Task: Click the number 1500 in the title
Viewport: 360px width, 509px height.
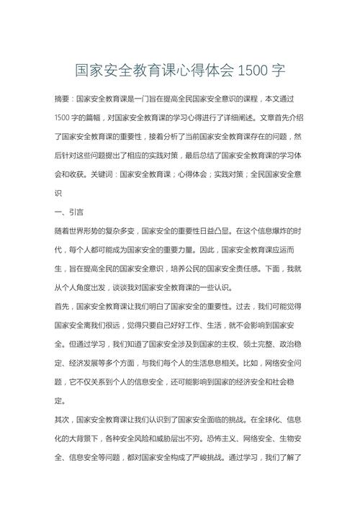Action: (253, 71)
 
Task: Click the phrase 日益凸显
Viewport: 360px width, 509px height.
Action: (226, 231)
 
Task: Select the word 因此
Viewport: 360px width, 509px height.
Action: (197, 250)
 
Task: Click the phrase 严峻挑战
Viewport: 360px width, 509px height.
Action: (240, 456)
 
